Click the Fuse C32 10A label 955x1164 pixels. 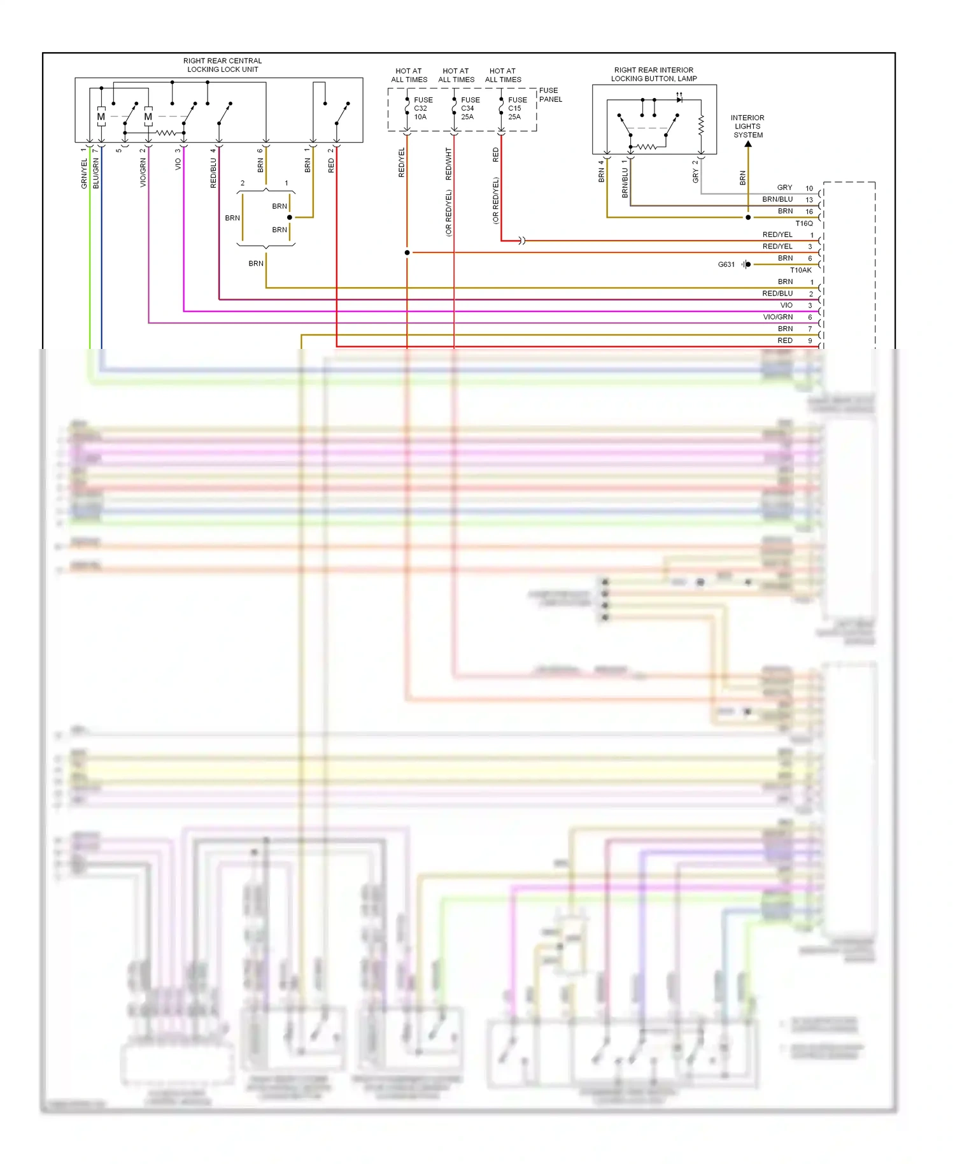[x=422, y=108]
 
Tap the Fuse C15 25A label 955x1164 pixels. [x=516, y=108]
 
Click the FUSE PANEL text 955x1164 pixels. [x=550, y=95]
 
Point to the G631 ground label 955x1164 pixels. [x=726, y=264]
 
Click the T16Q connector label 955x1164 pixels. [x=803, y=224]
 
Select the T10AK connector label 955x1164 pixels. [x=800, y=270]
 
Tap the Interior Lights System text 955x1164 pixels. [x=747, y=126]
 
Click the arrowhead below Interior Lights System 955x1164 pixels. [x=748, y=145]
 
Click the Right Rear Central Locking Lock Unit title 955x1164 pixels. [x=222, y=65]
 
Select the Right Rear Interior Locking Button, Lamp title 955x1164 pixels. [x=653, y=75]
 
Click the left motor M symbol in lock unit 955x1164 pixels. [x=101, y=117]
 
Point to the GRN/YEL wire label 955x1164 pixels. [x=84, y=174]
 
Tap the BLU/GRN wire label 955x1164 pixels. [x=96, y=174]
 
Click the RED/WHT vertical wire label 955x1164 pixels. [x=448, y=164]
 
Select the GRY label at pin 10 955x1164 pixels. [x=784, y=188]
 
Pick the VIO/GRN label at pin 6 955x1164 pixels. [x=777, y=317]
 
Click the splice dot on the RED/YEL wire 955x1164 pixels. [x=407, y=253]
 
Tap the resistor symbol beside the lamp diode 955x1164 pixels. [x=701, y=125]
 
